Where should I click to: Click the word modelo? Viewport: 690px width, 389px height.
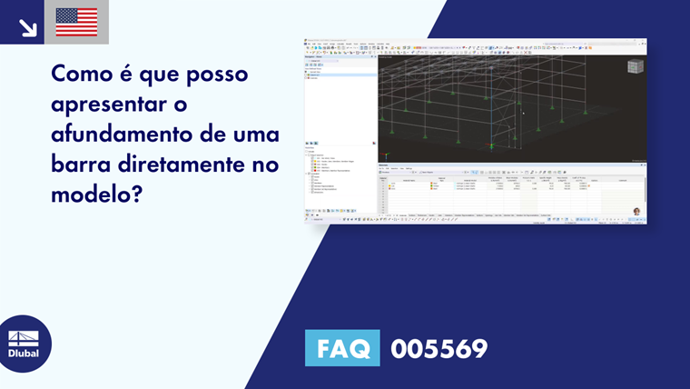(92, 197)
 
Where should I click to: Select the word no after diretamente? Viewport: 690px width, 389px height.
(265, 166)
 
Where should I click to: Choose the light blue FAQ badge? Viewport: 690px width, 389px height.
(342, 348)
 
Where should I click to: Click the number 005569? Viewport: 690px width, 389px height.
(439, 348)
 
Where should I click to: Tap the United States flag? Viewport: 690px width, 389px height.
(76, 22)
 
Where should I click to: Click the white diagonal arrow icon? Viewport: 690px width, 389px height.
(27, 27)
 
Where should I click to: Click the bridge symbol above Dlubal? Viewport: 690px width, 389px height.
(23, 338)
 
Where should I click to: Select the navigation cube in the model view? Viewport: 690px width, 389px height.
(636, 66)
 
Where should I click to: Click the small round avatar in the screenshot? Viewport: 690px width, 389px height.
(637, 212)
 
